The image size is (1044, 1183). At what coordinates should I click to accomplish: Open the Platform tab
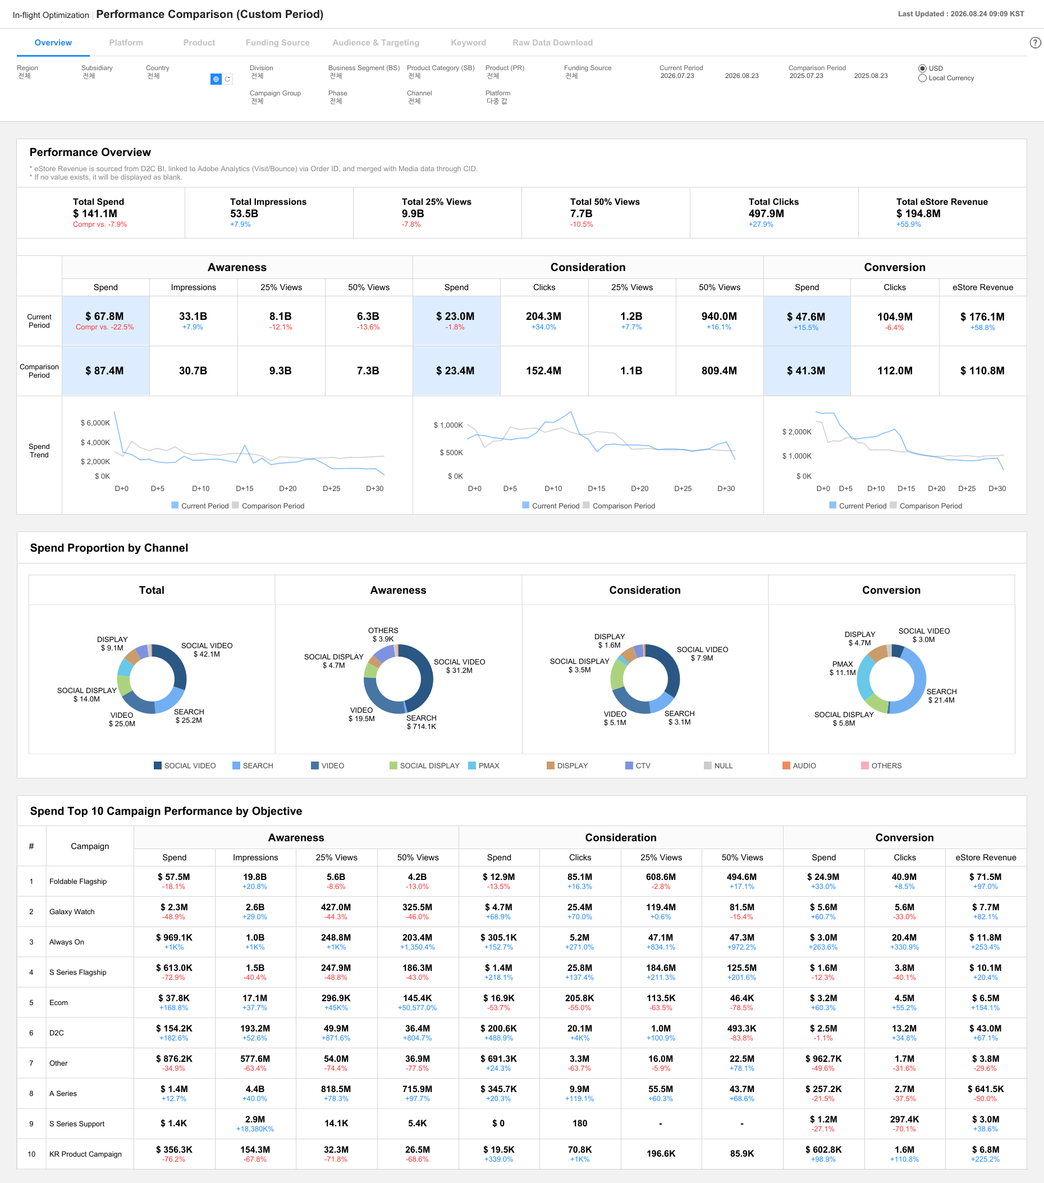click(x=126, y=43)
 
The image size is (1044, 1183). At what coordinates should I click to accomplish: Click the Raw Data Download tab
click(x=552, y=43)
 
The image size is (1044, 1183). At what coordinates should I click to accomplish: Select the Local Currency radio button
click(x=922, y=78)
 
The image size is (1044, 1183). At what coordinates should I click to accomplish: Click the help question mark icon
click(x=1036, y=43)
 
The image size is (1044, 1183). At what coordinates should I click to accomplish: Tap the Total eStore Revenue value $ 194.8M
click(x=918, y=214)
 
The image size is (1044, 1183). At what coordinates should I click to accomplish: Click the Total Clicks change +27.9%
click(x=761, y=224)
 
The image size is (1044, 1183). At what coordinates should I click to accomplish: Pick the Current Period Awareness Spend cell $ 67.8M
click(x=105, y=317)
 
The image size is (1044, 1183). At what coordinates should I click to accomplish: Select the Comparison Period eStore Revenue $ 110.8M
click(x=982, y=371)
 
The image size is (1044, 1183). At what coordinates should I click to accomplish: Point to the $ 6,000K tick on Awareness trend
click(x=95, y=423)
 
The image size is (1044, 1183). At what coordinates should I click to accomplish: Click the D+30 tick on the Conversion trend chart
click(x=996, y=489)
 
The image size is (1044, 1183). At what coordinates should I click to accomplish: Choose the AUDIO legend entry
click(x=799, y=765)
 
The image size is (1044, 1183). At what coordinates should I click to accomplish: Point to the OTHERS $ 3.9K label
click(x=383, y=635)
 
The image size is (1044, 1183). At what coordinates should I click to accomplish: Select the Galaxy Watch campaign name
click(x=72, y=911)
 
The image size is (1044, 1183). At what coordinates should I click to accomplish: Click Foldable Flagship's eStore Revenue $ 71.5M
click(x=985, y=877)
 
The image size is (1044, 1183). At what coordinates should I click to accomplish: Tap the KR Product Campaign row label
click(x=85, y=1154)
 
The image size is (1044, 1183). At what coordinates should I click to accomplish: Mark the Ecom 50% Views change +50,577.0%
click(x=416, y=1008)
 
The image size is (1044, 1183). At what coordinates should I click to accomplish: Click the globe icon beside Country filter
click(x=216, y=79)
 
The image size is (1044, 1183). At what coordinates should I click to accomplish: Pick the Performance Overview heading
click(x=90, y=152)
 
